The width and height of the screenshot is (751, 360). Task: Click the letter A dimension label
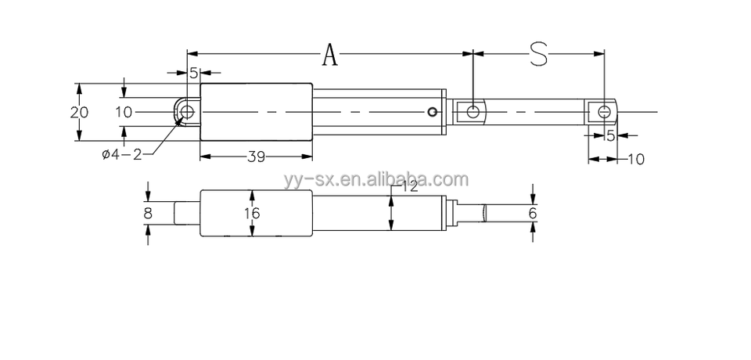[x=331, y=55]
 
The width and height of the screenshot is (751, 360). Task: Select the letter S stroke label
[x=538, y=54]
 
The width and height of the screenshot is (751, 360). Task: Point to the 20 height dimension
[x=79, y=112]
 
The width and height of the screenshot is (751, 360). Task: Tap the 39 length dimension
[x=256, y=157]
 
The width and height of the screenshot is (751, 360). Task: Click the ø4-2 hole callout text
[x=121, y=154]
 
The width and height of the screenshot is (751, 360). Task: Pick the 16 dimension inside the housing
[x=251, y=213]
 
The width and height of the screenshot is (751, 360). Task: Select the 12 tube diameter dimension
[x=408, y=186]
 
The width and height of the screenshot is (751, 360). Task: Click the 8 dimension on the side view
[x=148, y=212]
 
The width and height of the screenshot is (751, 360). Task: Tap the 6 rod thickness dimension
[x=533, y=212]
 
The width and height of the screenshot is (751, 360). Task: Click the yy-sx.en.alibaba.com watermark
[x=375, y=179]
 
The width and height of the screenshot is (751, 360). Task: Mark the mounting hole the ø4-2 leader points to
[x=187, y=111]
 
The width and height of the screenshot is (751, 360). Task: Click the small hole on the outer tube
[x=433, y=112]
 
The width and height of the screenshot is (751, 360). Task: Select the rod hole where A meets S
[x=473, y=112]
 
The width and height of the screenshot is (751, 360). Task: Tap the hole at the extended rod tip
[x=603, y=112]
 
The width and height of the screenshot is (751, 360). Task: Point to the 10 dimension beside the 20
[x=124, y=112]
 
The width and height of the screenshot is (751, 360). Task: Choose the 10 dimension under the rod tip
[x=635, y=159]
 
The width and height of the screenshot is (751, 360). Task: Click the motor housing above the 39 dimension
[x=256, y=112]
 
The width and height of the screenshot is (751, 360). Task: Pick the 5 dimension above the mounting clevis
[x=192, y=73]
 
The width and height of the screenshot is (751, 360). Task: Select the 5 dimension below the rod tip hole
[x=611, y=135]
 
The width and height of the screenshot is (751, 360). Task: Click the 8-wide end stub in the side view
[x=186, y=213]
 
